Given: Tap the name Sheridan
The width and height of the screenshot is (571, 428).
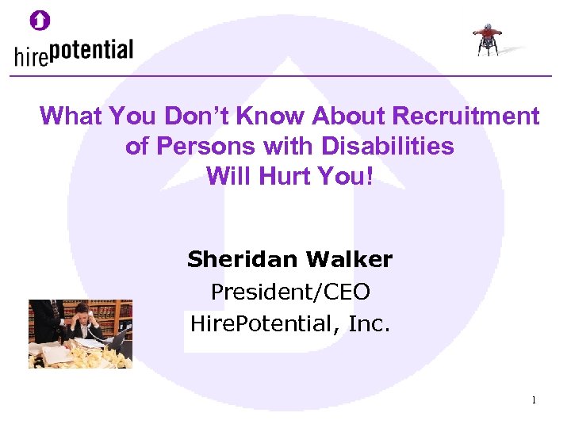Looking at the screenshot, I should click(237, 259).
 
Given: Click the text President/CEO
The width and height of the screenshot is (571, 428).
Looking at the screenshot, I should click(290, 292).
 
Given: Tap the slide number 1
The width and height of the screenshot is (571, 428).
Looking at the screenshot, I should click(534, 400).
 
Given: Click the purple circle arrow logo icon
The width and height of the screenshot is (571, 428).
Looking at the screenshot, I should click(40, 20).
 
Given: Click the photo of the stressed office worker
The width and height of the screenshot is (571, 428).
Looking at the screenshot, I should click(80, 334).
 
